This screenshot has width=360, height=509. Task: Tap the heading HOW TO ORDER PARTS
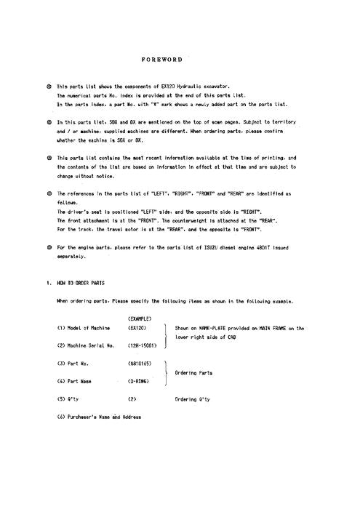tap(80, 283)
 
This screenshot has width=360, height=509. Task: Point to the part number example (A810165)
tap(140, 363)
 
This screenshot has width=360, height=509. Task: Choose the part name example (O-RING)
tap(139, 380)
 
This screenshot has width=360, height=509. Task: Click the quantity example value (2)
tap(132, 398)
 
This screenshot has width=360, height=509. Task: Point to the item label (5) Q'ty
tap(70, 398)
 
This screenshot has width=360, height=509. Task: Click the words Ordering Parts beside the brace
tap(196, 372)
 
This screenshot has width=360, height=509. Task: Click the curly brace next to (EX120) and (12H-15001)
tap(167, 337)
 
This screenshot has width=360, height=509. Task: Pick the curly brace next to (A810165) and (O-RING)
tap(167, 372)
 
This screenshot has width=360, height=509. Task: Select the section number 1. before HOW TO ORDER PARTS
tap(47, 283)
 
